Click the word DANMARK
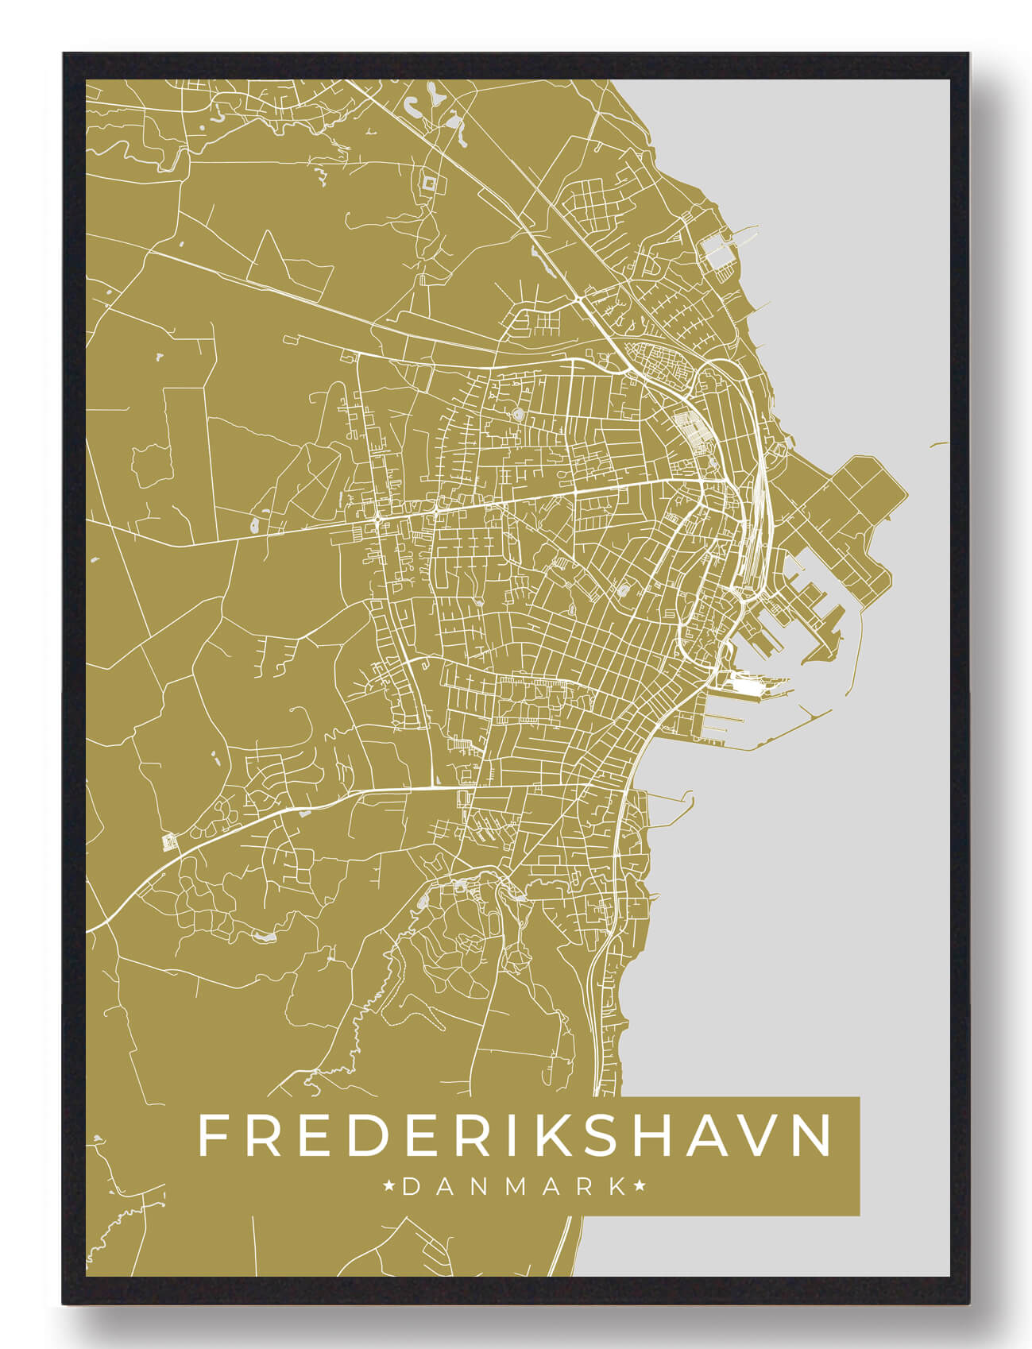[515, 1187]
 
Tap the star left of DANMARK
[390, 1187]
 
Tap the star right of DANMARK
[640, 1187]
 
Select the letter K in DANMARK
[618, 1187]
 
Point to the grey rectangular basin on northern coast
[718, 251]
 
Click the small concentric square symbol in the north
[430, 184]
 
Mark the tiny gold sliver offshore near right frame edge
[939, 444]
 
